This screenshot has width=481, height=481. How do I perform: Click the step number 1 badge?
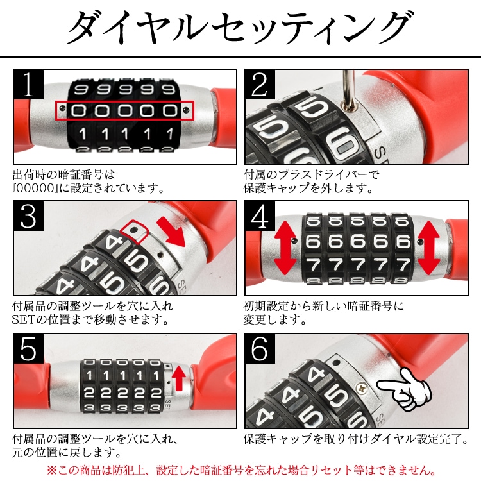click(28, 84)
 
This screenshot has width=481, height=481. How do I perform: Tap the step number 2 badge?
click(260, 84)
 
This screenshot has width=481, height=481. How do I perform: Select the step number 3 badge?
click(28, 216)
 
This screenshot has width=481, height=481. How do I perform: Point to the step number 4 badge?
click(260, 216)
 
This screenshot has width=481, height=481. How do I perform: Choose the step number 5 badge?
click(28, 348)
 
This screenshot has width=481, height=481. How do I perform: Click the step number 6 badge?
click(260, 348)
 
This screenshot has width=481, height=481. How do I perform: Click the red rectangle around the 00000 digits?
click(124, 101)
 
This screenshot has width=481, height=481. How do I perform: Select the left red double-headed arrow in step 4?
click(285, 248)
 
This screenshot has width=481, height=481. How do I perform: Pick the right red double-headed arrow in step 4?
click(429, 248)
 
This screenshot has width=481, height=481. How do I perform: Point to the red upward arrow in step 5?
click(179, 378)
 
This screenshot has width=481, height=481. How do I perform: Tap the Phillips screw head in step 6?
click(362, 389)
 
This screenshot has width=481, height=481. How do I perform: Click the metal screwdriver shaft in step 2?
click(349, 89)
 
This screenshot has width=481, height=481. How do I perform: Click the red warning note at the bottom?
click(241, 469)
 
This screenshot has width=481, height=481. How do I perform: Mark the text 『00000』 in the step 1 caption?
click(35, 188)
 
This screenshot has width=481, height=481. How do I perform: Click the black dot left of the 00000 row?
click(63, 108)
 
